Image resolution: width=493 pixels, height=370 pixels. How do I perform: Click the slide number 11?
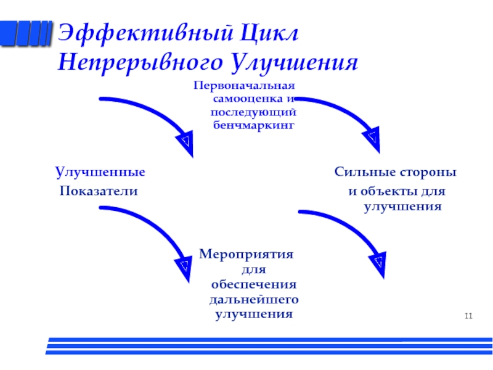point(468,316)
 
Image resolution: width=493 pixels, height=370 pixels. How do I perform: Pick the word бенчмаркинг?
point(253,125)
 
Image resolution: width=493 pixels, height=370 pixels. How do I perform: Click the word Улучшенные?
point(100,171)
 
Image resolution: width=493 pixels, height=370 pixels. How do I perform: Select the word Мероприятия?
point(246,255)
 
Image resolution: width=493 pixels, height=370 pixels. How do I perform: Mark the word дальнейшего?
point(254,300)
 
